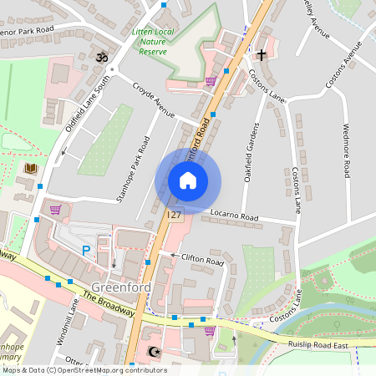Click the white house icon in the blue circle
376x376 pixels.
(188, 180)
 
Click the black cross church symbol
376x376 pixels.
(262, 55)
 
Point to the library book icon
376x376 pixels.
(31, 169)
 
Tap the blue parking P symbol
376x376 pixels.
(84, 250)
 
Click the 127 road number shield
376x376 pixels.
(174, 216)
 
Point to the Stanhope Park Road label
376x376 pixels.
(131, 175)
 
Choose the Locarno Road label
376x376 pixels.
(234, 217)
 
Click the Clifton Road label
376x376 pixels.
(203, 261)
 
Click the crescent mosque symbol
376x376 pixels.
(152, 353)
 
